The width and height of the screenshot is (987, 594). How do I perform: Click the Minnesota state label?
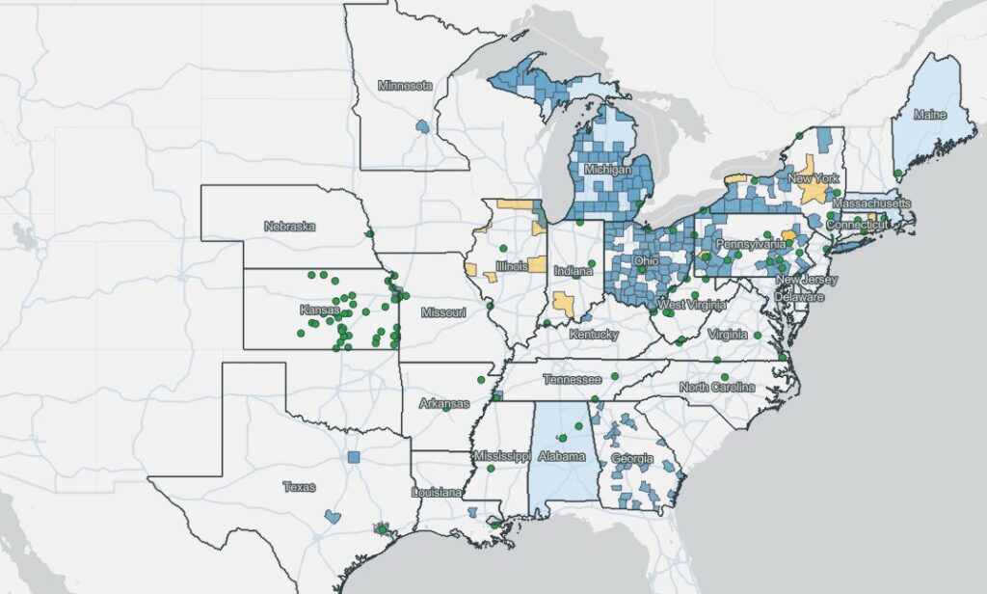(x=405, y=85)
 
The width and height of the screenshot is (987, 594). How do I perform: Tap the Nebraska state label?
(x=289, y=226)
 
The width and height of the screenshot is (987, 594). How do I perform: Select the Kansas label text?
(x=319, y=310)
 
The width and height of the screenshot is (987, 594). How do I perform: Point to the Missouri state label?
(x=443, y=312)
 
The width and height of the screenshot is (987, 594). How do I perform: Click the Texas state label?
(x=299, y=487)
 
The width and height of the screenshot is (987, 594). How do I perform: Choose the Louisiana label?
(x=436, y=492)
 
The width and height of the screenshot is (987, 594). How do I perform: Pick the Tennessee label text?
(x=571, y=379)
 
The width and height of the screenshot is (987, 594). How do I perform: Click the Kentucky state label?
(x=593, y=334)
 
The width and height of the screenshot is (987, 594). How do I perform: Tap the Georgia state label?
(x=631, y=458)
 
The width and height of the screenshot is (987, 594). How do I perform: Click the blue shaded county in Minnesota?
(x=421, y=125)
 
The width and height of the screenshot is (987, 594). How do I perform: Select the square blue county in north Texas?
(x=354, y=457)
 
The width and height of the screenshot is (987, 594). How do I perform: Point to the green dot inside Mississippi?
(x=491, y=469)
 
